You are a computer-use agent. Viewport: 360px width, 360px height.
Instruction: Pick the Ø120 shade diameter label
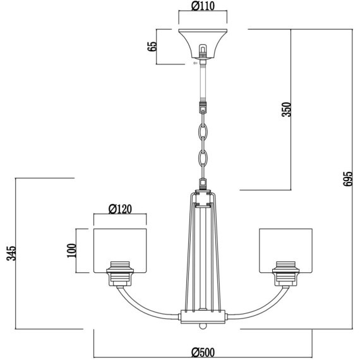coord(120,208)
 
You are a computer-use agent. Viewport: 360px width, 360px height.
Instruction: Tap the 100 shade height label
coord(71,250)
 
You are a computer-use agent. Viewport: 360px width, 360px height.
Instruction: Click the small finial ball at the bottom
coord(203,327)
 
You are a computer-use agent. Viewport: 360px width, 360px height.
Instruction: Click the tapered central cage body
coord(203,253)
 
